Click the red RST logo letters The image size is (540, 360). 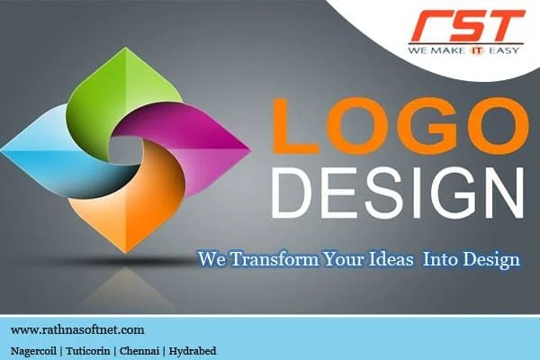click(468, 25)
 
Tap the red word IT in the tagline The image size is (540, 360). click(477, 50)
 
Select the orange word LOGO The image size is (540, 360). click(400, 126)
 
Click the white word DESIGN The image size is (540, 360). click(398, 193)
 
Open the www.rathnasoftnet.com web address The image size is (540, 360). click(77, 330)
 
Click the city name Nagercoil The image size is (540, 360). click(34, 351)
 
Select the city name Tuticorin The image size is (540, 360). click(88, 351)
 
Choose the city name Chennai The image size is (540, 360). click(139, 351)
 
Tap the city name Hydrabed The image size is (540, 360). click(193, 351)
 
